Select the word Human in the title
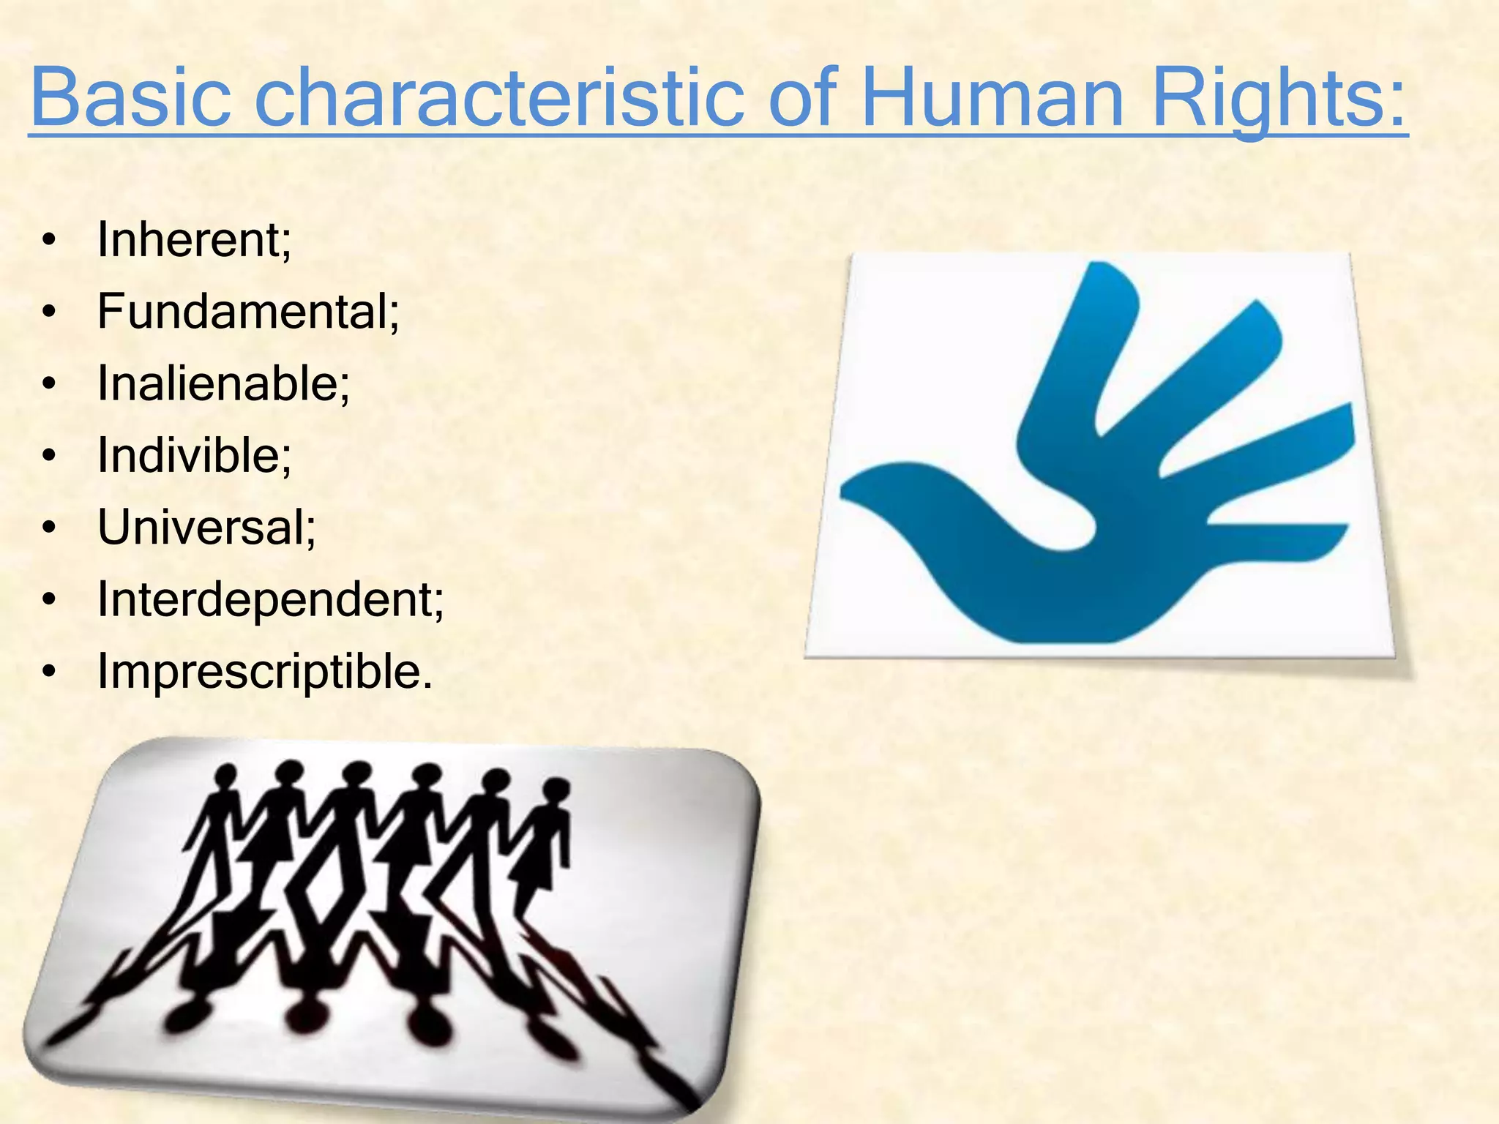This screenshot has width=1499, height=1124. point(992,97)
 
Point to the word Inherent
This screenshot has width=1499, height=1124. point(194,239)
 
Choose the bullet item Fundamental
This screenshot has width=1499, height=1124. point(248,312)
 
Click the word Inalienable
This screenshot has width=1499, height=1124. point(223,383)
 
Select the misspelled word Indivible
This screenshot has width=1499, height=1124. point(194,455)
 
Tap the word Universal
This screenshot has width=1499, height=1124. point(206,527)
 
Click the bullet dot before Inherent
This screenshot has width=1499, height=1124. point(49,241)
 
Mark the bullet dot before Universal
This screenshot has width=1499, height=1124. point(49,528)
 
